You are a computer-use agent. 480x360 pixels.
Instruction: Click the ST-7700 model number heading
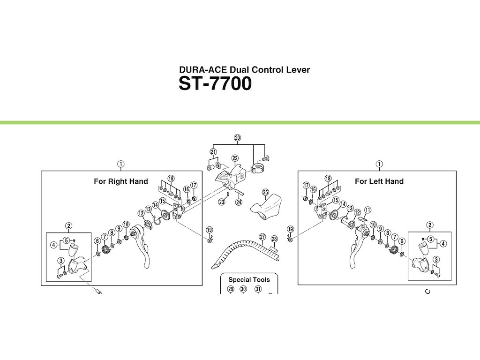[215, 84]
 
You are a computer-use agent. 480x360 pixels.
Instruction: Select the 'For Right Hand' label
[121, 181]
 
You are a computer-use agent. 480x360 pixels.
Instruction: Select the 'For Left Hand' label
[379, 181]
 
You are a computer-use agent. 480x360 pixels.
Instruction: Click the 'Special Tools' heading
[249, 280]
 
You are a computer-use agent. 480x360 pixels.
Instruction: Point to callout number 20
[237, 138]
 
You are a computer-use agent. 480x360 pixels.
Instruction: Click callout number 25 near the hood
[265, 193]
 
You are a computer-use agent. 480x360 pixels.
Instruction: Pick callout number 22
[235, 158]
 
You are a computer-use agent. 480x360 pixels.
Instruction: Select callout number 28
[275, 239]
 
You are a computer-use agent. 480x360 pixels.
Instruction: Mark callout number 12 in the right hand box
[141, 213]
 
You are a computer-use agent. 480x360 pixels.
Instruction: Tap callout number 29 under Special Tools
[231, 289]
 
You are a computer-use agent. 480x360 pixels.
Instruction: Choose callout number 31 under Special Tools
[258, 289]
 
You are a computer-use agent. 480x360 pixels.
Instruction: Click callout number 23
[222, 202]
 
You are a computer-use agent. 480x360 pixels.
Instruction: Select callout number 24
[239, 202]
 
